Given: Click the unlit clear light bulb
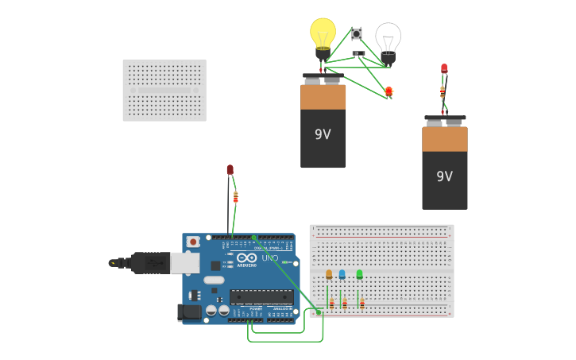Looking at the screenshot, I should [388, 38].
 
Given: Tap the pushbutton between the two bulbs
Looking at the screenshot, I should [357, 33].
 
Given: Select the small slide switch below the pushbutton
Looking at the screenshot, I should [358, 54].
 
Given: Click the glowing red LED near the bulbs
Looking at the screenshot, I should [389, 91].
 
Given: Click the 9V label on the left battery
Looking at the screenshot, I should [323, 134].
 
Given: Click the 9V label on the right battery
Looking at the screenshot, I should [444, 176].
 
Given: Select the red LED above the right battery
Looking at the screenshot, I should [444, 69].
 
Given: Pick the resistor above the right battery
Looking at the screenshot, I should [443, 92].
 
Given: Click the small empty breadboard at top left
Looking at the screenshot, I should [164, 90].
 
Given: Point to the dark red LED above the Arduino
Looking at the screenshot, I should [230, 170].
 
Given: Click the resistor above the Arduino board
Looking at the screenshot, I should [235, 197].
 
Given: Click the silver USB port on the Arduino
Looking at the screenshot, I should [184, 262].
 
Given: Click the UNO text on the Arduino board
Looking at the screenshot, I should [270, 257].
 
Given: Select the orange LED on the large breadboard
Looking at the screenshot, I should [329, 274].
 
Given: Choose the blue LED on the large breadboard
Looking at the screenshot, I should [342, 274].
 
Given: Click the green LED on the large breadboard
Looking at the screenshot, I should [359, 274].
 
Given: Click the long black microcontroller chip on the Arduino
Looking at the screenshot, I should [261, 296].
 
